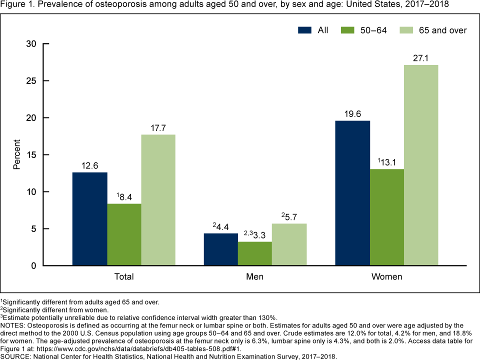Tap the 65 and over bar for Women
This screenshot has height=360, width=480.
point(421,165)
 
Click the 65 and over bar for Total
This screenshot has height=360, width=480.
point(158,200)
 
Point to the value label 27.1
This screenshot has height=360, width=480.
point(421,58)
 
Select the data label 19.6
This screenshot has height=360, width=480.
point(352,114)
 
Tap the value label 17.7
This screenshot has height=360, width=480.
point(158,128)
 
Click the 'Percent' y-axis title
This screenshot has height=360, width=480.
point(17,155)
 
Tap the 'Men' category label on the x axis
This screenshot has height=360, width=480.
point(255,276)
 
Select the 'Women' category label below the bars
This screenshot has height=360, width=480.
point(386,276)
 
